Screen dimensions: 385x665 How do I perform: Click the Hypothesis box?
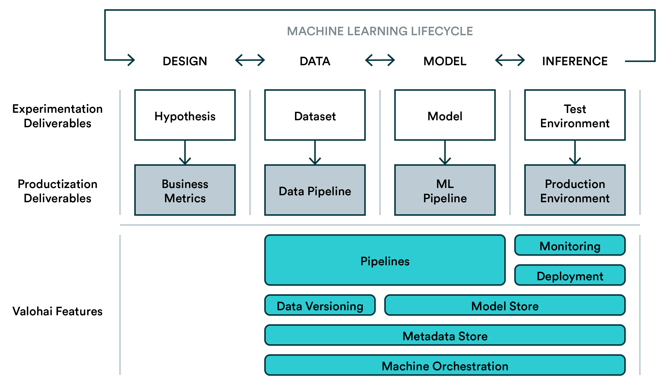[185, 115]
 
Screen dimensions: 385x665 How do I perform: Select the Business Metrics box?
[185, 190]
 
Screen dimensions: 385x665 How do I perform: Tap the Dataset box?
[315, 115]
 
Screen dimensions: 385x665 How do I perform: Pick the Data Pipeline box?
[315, 190]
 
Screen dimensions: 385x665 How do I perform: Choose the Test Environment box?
[575, 115]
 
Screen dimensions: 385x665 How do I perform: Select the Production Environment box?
[575, 190]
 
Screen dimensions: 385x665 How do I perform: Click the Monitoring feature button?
[570, 245]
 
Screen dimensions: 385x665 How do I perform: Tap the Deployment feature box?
[570, 275]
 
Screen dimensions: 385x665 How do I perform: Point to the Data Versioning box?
[320, 305]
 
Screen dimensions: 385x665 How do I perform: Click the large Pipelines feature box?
[385, 260]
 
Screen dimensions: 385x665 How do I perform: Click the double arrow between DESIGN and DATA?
[250, 60]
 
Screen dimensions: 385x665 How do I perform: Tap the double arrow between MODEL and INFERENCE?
[510, 60]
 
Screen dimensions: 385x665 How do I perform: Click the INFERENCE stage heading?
[575, 61]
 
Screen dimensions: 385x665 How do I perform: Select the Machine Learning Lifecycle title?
[380, 31]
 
